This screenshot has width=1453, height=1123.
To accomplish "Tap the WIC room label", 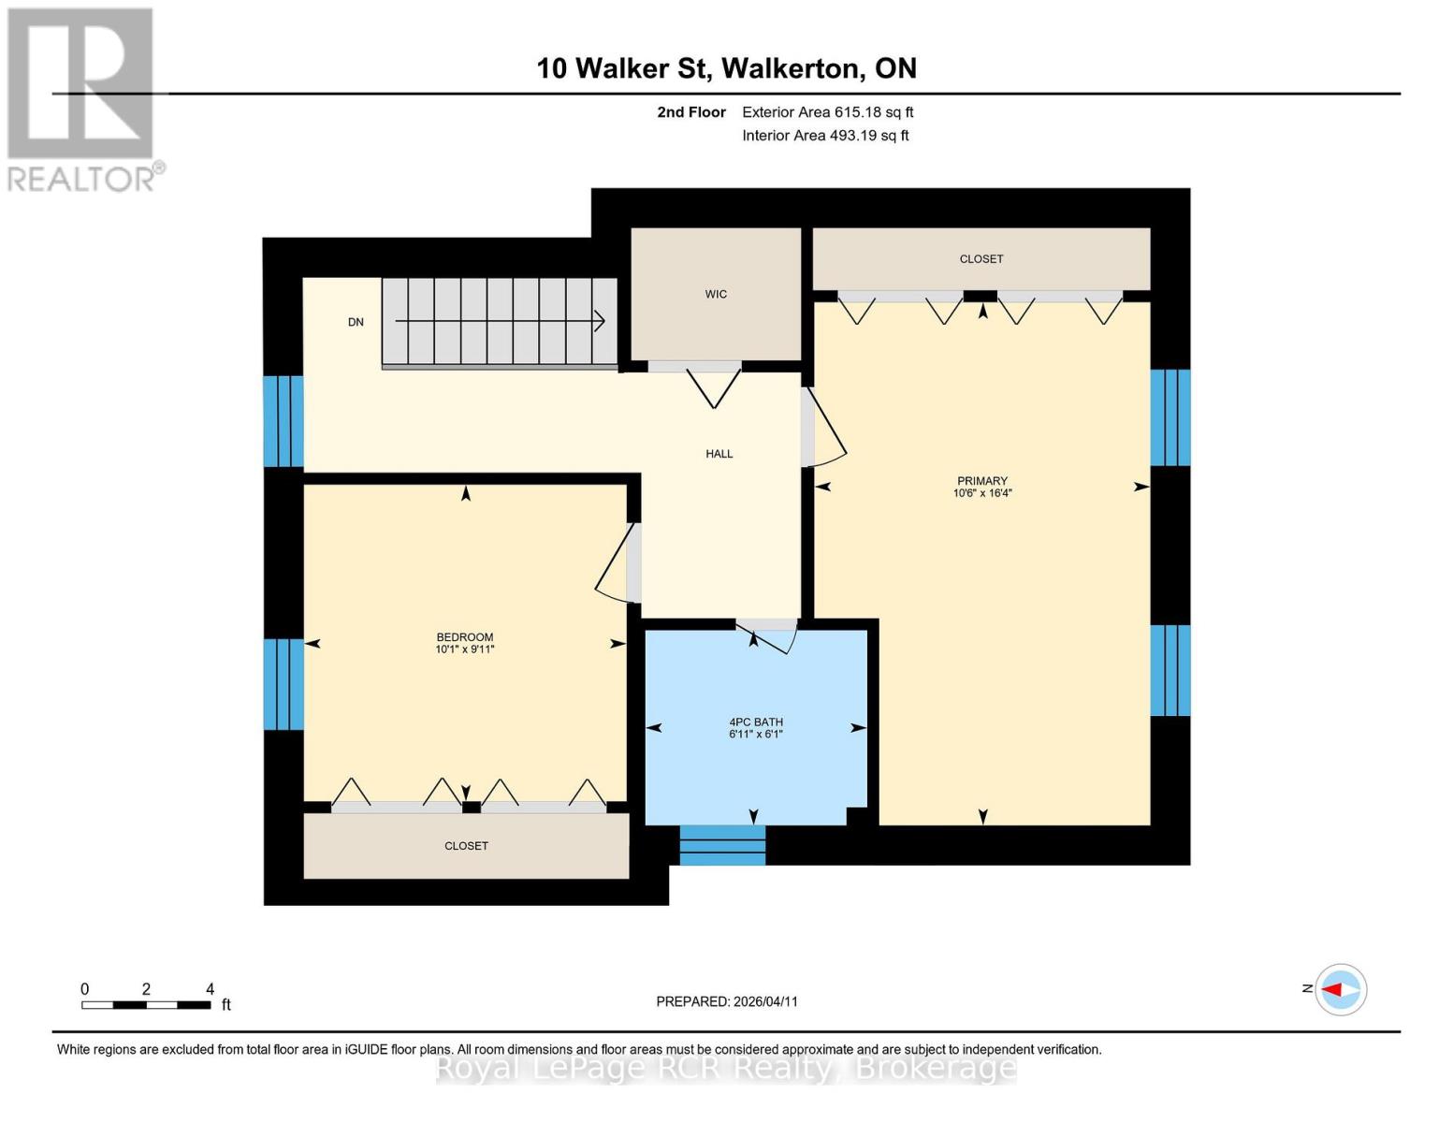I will [x=716, y=294].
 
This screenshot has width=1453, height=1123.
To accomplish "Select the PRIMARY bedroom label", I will [x=981, y=481].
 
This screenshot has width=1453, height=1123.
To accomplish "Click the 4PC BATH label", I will [x=756, y=722].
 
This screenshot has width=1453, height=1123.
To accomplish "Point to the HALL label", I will [x=719, y=454].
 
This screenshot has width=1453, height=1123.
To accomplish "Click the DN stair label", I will [x=356, y=322].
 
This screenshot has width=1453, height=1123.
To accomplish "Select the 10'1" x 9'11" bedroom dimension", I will [x=465, y=649].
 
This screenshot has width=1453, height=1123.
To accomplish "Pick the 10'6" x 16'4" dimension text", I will [x=982, y=493].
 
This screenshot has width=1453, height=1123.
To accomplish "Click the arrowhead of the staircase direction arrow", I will [x=600, y=321].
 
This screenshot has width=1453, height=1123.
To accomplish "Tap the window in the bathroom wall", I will [x=722, y=845].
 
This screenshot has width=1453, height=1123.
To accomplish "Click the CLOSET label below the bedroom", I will [x=466, y=846].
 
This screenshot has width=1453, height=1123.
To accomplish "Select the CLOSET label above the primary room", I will [x=981, y=259].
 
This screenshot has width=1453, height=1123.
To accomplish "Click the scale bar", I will [x=146, y=1005].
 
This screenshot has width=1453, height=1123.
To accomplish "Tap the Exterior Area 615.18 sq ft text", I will [x=827, y=112].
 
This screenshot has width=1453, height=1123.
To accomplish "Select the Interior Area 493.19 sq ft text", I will [x=825, y=136].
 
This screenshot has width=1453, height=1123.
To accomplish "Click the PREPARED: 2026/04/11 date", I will [x=727, y=1001].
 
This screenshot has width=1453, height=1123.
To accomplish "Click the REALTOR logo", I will [x=81, y=98].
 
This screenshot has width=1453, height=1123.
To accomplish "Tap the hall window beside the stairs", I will [x=283, y=421].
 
